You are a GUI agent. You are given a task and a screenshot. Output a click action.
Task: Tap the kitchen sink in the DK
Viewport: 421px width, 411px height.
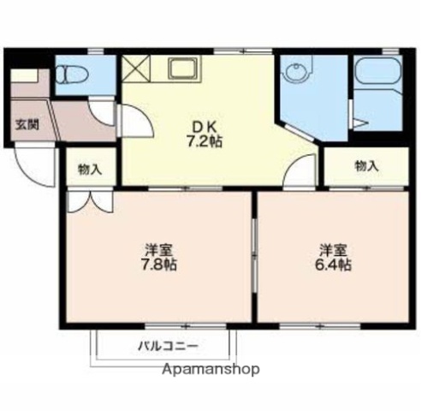[x=183, y=67]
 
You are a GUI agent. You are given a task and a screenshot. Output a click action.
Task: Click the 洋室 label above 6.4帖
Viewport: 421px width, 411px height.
[x=334, y=249]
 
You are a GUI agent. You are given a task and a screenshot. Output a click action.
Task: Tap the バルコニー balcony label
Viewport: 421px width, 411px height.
[x=169, y=347]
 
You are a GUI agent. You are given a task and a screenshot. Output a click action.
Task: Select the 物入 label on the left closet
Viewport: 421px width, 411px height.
[x=89, y=169]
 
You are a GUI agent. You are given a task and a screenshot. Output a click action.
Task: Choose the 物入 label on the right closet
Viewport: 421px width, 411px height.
[x=366, y=165]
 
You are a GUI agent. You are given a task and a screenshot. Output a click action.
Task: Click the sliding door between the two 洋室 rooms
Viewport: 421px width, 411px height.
[x=254, y=257]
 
